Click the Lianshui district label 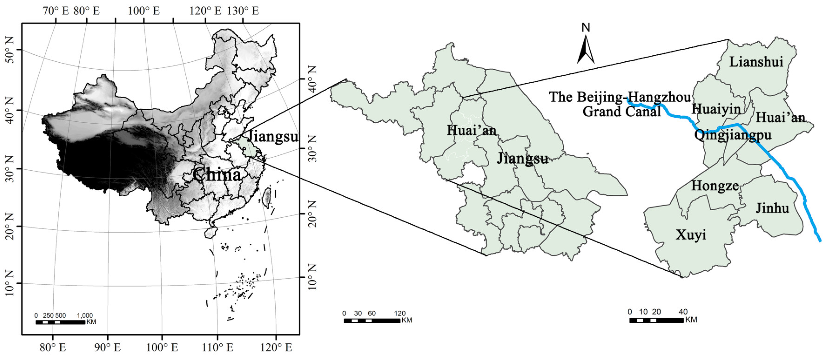pyautogui.click(x=756, y=62)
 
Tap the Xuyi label pyautogui.click(x=691, y=235)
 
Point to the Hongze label pyautogui.click(x=715, y=186)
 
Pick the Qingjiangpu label pyautogui.click(x=733, y=135)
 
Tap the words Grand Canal pyautogui.click(x=622, y=112)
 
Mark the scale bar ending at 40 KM pyautogui.click(x=656, y=320)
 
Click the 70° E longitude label pyautogui.click(x=56, y=11)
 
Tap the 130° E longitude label pyautogui.click(x=243, y=11)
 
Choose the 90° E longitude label pyautogui.click(x=108, y=347)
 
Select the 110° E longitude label pyautogui.click(x=218, y=347)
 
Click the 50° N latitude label pyautogui.click(x=10, y=50)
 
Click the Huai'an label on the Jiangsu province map pyautogui.click(x=471, y=130)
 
